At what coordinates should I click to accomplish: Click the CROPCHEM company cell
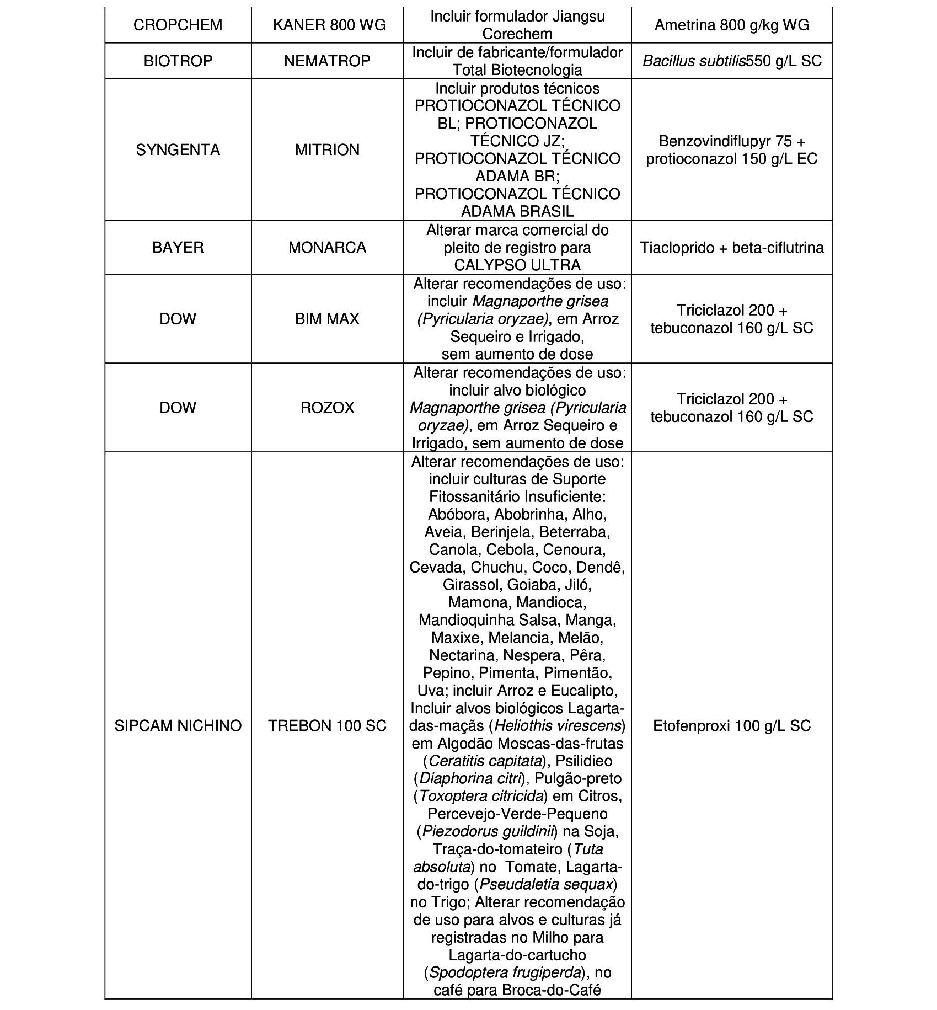[x=178, y=25]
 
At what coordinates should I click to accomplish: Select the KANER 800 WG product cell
[x=327, y=25]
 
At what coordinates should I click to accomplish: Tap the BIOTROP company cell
[x=178, y=61]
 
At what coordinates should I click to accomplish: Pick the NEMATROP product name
[x=327, y=61]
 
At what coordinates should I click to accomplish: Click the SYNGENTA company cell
[x=178, y=150]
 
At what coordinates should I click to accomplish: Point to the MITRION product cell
[x=327, y=150]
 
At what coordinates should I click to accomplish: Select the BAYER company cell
[x=178, y=247]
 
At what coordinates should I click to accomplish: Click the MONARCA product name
[x=327, y=247]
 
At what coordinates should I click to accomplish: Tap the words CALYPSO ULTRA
[x=517, y=265]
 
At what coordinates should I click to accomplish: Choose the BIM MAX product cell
[x=327, y=319]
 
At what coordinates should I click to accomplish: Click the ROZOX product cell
[x=327, y=408]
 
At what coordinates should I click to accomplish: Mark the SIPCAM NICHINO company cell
[x=178, y=725]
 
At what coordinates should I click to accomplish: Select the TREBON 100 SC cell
[x=327, y=725]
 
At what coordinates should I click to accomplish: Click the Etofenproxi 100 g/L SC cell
[x=732, y=725]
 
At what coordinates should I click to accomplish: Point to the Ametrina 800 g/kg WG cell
[x=732, y=25]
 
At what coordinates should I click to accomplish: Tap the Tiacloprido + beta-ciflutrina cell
[x=732, y=247]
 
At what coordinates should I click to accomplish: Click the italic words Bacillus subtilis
[x=694, y=61]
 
